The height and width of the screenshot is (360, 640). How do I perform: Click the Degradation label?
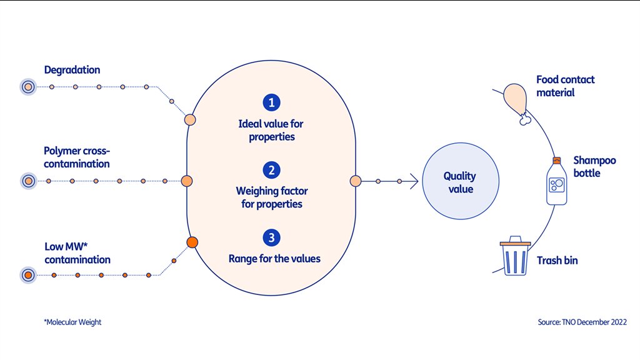click(x=72, y=70)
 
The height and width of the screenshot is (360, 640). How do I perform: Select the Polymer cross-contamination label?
click(x=76, y=157)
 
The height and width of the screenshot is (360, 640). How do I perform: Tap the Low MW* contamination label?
click(x=77, y=253)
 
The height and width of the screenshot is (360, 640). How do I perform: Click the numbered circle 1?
click(x=271, y=102)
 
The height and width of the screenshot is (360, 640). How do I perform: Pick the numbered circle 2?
click(x=271, y=170)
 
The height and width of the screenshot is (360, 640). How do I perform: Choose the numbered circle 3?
click(x=271, y=237)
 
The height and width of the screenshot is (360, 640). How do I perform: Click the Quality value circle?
click(x=459, y=182)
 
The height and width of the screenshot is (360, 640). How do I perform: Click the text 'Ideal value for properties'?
click(x=271, y=130)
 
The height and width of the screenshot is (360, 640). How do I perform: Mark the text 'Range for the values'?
click(x=274, y=259)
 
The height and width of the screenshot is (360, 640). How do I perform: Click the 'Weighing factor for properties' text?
click(x=271, y=197)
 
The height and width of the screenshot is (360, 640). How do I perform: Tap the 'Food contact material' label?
click(x=565, y=86)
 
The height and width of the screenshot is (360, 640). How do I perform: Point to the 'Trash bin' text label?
click(x=557, y=260)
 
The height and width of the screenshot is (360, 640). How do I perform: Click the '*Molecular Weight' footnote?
click(x=72, y=322)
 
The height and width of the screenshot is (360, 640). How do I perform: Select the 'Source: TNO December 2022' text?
click(x=582, y=322)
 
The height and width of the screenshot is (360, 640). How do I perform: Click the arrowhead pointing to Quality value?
click(x=414, y=181)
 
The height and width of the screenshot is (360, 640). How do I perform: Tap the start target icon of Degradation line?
click(x=27, y=87)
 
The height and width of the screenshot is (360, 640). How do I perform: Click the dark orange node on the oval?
click(x=192, y=242)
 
